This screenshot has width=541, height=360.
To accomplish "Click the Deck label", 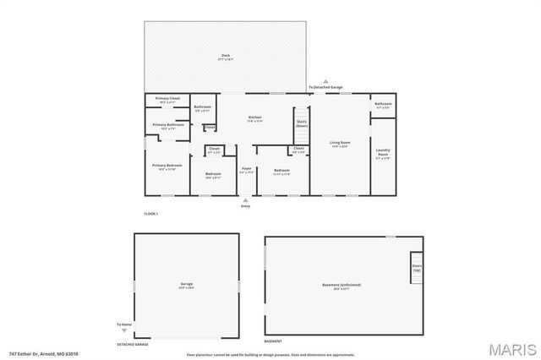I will [225, 56].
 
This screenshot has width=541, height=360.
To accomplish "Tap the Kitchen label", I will [254, 117].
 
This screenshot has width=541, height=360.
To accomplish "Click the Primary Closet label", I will [167, 99].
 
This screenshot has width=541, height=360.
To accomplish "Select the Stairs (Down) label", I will [301, 123].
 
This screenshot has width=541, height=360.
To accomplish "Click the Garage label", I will [187, 284].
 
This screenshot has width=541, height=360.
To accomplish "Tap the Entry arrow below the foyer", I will [246, 200].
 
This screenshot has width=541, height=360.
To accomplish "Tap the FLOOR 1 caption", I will [151, 214].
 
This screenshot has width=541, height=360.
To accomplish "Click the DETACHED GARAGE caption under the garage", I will [133, 344].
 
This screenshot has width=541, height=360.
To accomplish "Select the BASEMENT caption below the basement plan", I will [273, 341].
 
